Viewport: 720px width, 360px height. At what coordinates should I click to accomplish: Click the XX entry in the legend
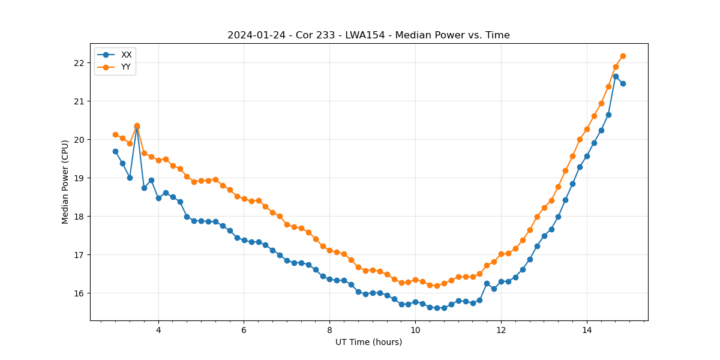(126, 55)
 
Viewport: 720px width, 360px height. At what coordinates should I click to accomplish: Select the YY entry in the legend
(126, 67)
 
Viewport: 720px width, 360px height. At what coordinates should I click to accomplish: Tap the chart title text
(368, 35)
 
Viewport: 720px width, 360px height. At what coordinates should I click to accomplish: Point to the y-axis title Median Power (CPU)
(65, 182)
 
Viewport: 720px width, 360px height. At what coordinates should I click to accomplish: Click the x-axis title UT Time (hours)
(368, 342)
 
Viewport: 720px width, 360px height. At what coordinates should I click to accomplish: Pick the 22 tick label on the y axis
(80, 63)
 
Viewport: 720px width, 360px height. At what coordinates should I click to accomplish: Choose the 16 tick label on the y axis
(80, 293)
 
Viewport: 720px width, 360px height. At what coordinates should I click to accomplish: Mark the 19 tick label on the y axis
(80, 178)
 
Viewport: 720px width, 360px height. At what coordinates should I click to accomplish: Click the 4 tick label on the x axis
(158, 330)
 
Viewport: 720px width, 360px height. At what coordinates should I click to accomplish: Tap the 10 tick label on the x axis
(415, 330)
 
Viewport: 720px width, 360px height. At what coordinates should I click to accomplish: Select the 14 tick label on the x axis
(586, 330)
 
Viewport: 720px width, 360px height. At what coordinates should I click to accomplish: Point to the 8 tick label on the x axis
(329, 330)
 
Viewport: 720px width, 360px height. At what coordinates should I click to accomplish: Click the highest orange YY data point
(623, 56)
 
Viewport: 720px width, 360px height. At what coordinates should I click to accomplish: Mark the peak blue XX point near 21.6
(616, 76)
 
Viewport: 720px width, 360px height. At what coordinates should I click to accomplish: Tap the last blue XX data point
(623, 83)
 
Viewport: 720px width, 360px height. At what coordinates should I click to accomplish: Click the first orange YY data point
(115, 134)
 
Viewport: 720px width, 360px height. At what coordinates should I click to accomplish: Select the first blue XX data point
(115, 151)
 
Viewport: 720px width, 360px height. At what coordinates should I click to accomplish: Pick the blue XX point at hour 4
(158, 198)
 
